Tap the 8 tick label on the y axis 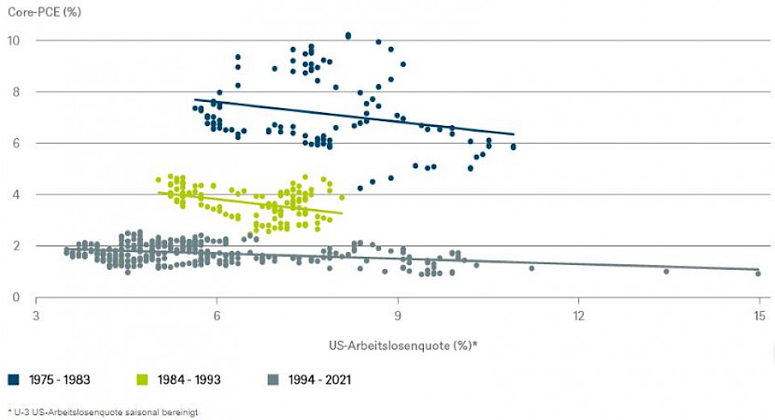[15, 92]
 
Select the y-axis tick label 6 [15, 144]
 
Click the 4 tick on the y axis [15, 195]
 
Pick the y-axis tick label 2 [15, 246]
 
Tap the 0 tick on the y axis [15, 297]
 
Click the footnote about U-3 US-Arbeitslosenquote [103, 412]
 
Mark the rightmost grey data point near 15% [758, 274]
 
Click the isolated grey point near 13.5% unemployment [666, 271]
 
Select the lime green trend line [250, 203]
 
